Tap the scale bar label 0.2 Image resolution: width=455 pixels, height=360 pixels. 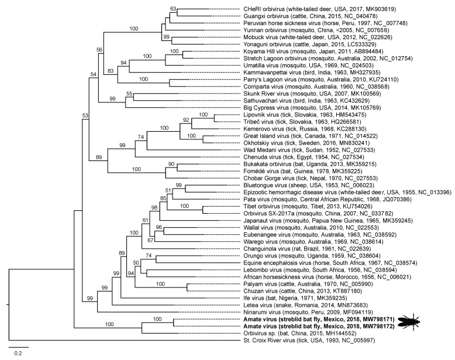click(18, 352)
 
